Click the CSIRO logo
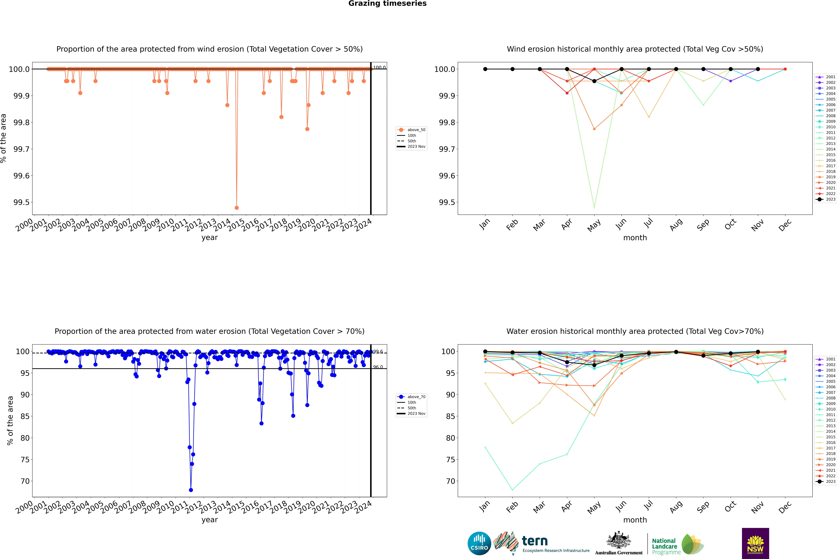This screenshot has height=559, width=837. (x=479, y=543)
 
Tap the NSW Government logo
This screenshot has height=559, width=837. (x=755, y=543)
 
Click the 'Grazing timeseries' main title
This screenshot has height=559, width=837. (x=387, y=4)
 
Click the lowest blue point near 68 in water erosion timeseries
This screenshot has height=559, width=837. (x=191, y=490)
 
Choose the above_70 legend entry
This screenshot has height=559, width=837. (x=411, y=397)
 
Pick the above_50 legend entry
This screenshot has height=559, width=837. (x=411, y=130)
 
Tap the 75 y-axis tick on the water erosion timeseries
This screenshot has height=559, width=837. (x=25, y=460)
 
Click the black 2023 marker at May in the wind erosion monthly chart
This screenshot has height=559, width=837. (x=594, y=81)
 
